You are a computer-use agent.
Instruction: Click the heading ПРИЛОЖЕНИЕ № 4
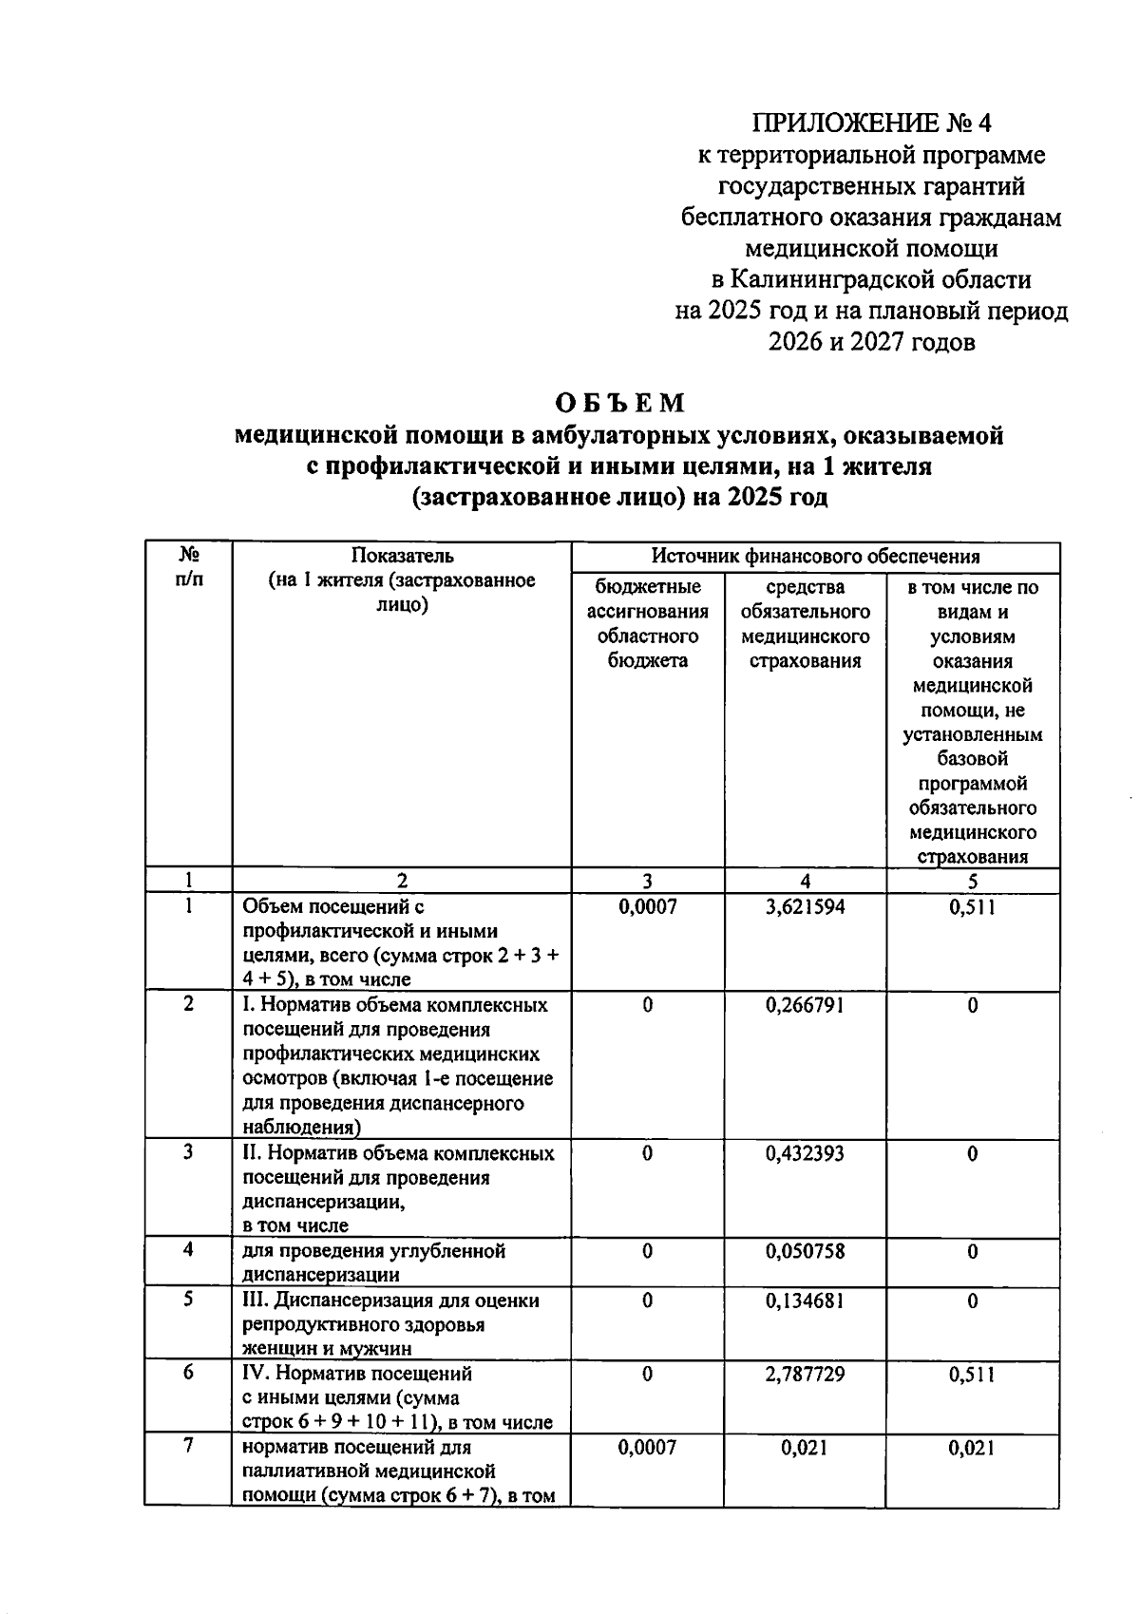(871, 123)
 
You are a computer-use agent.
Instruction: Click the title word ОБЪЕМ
(620, 403)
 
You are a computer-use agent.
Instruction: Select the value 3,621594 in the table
(805, 907)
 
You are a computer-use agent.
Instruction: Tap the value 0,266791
(805, 1005)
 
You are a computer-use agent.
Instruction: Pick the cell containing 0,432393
(805, 1154)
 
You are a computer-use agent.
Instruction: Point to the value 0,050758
(805, 1251)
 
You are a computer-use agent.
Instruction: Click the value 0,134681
(805, 1301)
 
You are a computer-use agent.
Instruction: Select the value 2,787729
(805, 1375)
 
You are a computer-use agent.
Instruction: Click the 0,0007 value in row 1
(647, 907)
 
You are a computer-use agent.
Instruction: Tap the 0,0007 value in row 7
(647, 1448)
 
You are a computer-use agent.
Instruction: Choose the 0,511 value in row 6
(972, 1375)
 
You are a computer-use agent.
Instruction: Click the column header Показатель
(402, 556)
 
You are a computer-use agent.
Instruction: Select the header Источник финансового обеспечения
(815, 557)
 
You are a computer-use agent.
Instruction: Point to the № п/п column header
(188, 566)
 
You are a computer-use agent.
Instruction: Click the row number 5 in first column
(188, 1300)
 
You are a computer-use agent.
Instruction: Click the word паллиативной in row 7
(306, 1472)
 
